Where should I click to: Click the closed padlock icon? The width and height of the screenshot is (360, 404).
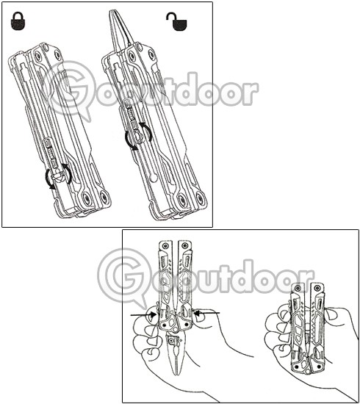pyautogui.click(x=18, y=21)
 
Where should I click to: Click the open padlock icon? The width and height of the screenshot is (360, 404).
pyautogui.click(x=176, y=21)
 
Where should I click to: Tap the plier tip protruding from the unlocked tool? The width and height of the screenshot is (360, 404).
pyautogui.click(x=120, y=29)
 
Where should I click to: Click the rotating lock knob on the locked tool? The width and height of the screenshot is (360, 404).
pyautogui.click(x=58, y=177)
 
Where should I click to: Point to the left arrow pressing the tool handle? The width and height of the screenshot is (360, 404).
pyautogui.click(x=143, y=314)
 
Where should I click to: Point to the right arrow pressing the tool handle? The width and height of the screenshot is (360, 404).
pyautogui.click(x=206, y=314)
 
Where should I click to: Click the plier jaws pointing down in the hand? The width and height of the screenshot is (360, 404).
pyautogui.click(x=176, y=356)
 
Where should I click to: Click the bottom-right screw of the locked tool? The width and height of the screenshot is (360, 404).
pyautogui.click(x=103, y=198)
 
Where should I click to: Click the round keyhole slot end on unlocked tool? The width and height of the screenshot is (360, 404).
pyautogui.click(x=154, y=178)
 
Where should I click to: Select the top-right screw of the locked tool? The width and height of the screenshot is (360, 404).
pyautogui.click(x=57, y=54)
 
